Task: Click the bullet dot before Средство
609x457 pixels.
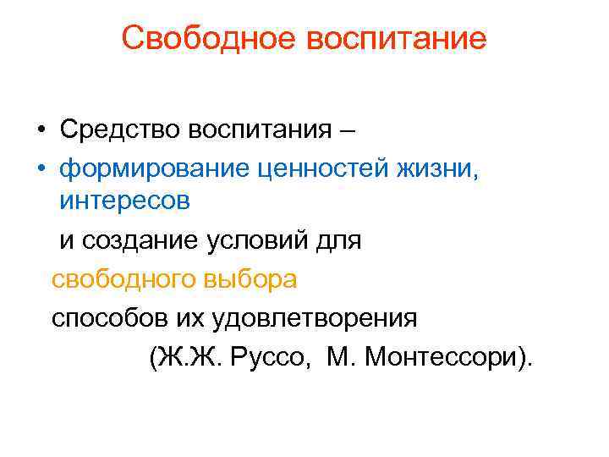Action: pos(41,131)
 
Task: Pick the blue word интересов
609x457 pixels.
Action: pos(124,202)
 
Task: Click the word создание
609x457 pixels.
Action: pos(140,240)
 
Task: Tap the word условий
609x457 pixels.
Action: pos(257,240)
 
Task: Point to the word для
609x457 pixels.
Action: pos(339,240)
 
